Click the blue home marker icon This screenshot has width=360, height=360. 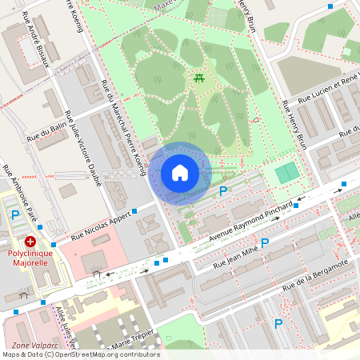180,172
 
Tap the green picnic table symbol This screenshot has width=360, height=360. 198,78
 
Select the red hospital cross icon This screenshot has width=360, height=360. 30,241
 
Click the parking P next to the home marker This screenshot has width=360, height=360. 223,191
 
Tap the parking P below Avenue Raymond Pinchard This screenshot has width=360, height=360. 265,242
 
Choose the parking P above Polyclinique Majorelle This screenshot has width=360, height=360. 15,214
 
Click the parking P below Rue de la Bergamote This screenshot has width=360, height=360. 278,323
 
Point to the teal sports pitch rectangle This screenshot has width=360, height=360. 286,173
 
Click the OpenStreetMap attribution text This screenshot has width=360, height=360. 80,354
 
